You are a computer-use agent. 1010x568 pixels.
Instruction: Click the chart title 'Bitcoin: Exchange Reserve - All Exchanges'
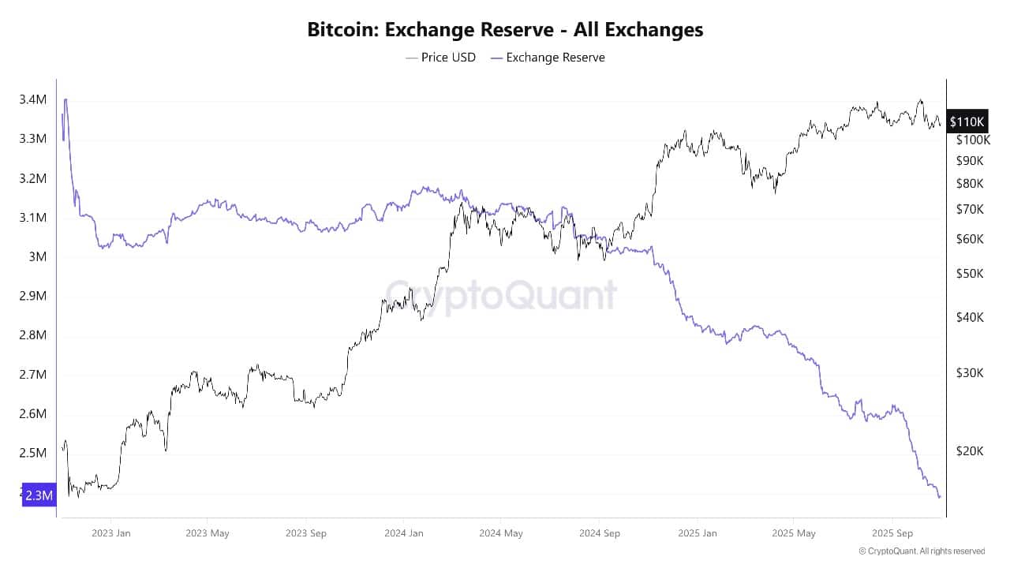pyautogui.click(x=505, y=30)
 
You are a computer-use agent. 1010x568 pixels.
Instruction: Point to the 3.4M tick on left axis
pyautogui.click(x=32, y=99)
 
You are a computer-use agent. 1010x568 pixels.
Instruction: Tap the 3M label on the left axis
pyautogui.click(x=36, y=256)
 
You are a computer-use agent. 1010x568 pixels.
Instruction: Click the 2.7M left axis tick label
pyautogui.click(x=32, y=375)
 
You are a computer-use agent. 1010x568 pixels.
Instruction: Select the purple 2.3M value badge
pyautogui.click(x=38, y=495)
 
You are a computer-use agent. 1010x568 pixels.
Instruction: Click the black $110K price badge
pyautogui.click(x=967, y=121)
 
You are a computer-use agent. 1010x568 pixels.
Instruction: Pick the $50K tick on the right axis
pyautogui.click(x=969, y=274)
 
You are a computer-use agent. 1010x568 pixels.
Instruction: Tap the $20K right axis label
pyautogui.click(x=969, y=451)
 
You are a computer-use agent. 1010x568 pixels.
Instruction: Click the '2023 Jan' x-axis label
pyautogui.click(x=111, y=533)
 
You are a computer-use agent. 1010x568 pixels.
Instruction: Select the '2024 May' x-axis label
pyautogui.click(x=501, y=533)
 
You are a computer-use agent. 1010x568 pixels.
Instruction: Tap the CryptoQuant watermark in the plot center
pyautogui.click(x=502, y=294)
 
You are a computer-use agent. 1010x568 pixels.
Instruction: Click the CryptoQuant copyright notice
pyautogui.click(x=922, y=551)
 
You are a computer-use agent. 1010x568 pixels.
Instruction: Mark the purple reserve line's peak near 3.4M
pyautogui.click(x=65, y=99)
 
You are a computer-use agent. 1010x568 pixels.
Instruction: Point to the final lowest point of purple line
pyautogui.click(x=940, y=497)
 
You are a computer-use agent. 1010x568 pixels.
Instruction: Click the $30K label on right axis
pyautogui.click(x=969, y=372)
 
